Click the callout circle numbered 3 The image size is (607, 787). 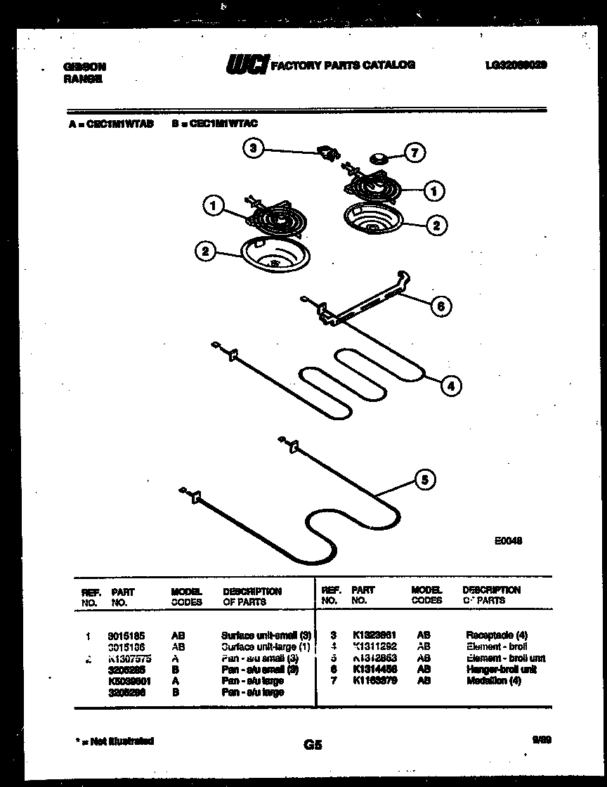tap(254, 148)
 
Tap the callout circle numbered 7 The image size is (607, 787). tap(416, 153)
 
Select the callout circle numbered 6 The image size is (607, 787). tap(440, 306)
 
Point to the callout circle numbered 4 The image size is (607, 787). tap(452, 384)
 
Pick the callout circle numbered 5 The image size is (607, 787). tap(424, 480)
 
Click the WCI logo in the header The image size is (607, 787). tap(246, 65)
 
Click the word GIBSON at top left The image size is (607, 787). tap(84, 67)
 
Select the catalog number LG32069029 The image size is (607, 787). tap(516, 65)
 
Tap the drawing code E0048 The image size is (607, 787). tap(507, 541)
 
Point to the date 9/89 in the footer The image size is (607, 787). tap(541, 739)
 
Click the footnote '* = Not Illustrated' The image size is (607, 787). tap(115, 741)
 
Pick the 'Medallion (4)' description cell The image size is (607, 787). tap(493, 680)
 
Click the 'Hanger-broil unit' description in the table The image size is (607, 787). tap(501, 669)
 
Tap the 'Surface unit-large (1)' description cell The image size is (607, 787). tap(266, 646)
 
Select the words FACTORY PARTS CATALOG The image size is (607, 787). tap(343, 65)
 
